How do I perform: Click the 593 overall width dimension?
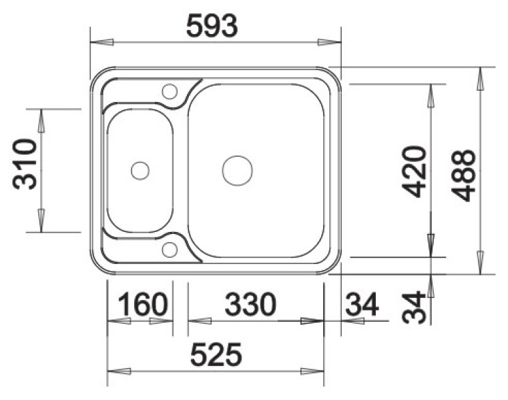pos(212,26)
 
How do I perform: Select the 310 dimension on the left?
pos(25,164)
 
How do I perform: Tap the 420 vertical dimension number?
pos(413,172)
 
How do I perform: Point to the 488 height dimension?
pos(464,175)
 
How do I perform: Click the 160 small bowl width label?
pos(143,304)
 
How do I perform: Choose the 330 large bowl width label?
pos(250,304)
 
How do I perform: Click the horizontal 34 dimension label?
pos(362,304)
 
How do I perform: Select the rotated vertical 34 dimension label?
pos(413,307)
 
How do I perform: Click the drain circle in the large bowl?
pos(238,171)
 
